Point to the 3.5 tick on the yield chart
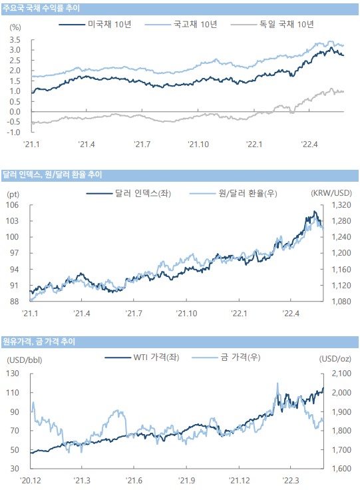tap(15, 40)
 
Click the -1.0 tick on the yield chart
tap(14, 132)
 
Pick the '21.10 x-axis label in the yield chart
tap(198, 144)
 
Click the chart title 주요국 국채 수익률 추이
tap(41, 9)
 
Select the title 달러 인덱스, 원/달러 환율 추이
tap(52, 174)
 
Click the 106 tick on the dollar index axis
tap(12, 205)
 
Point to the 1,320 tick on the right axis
tap(341, 205)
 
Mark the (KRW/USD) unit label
tap(331, 193)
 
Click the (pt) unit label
tap(13, 194)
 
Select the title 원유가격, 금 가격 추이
tap(39, 342)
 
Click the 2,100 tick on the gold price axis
tap(341, 373)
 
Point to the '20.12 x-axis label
tap(31, 480)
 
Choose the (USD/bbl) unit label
tap(25, 360)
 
